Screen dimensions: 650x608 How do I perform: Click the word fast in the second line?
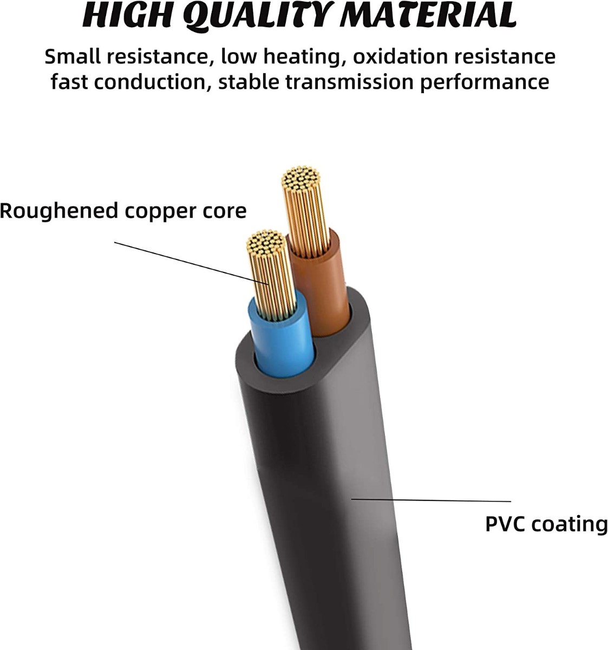pos(68,82)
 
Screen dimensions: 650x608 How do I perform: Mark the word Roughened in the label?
pos(58,211)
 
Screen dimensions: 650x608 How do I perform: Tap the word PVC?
pos(505,524)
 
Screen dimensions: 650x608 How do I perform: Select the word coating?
pos(570,525)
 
